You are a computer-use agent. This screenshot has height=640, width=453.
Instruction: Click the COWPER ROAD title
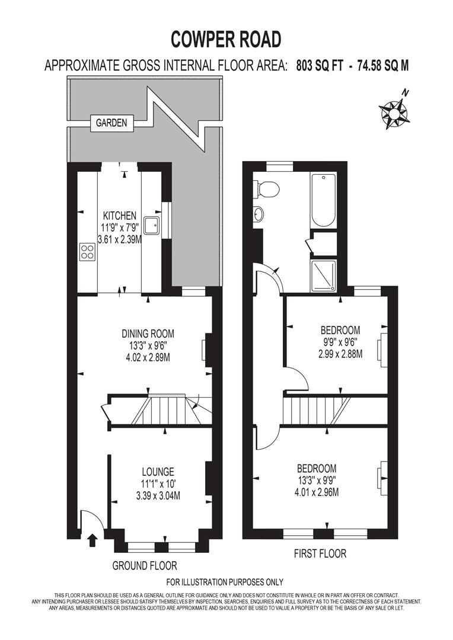[226, 40]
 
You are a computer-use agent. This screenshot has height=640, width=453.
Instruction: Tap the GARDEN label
[111, 123]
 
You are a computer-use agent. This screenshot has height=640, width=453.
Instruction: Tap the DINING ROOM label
[148, 334]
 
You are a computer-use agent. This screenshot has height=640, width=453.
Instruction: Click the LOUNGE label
[158, 472]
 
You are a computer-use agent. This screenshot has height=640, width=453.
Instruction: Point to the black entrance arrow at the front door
[92, 540]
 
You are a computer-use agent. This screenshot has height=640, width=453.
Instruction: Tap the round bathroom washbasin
[259, 213]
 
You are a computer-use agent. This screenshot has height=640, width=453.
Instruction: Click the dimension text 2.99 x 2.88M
[341, 354]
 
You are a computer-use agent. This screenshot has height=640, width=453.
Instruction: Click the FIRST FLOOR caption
[320, 554]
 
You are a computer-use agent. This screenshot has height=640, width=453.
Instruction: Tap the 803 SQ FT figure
[320, 66]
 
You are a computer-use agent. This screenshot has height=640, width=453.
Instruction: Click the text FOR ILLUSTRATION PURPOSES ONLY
[225, 582]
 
